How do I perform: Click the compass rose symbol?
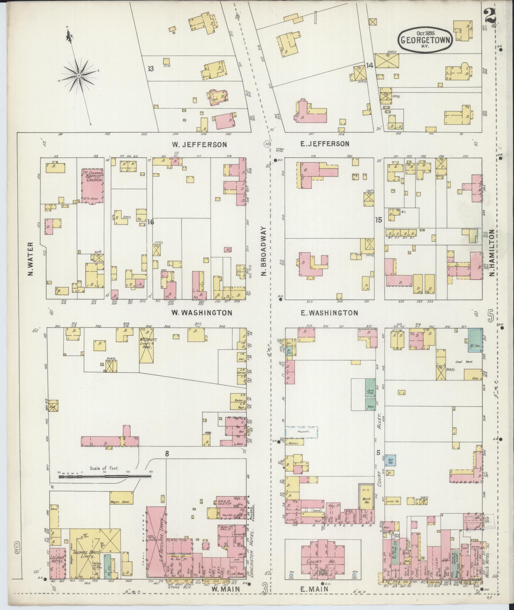(x=78, y=76)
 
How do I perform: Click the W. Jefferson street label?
(x=199, y=144)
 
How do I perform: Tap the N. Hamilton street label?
(x=492, y=253)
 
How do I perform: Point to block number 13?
(x=151, y=69)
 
